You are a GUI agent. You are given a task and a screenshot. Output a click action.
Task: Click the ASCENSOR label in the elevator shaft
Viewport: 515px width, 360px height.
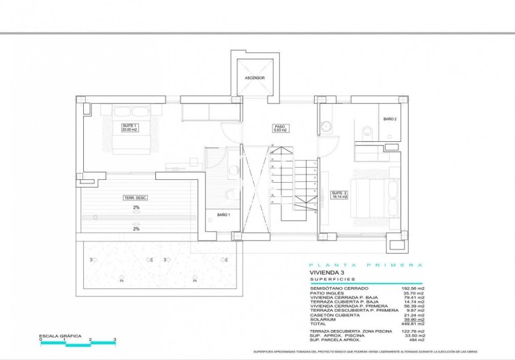click(x=255, y=78)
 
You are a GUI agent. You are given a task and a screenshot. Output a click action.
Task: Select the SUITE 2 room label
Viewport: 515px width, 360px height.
click(x=339, y=195)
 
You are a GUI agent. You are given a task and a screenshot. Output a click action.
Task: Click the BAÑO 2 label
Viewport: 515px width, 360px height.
click(x=390, y=119)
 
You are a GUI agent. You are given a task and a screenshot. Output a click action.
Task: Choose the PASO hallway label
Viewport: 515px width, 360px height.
click(x=280, y=127)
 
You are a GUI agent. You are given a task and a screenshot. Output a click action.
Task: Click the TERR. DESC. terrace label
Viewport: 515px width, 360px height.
click(x=136, y=198)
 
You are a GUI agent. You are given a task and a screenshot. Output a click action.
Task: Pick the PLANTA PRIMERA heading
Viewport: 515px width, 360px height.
click(x=366, y=265)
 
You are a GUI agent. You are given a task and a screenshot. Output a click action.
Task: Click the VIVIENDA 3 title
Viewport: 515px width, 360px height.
click(x=327, y=273)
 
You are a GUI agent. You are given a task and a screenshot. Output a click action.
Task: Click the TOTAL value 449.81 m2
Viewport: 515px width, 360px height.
click(x=413, y=322)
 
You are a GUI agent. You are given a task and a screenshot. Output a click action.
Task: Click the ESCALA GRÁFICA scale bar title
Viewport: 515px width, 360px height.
click(x=61, y=336)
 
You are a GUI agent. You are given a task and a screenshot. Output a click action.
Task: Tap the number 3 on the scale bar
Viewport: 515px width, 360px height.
click(x=115, y=340)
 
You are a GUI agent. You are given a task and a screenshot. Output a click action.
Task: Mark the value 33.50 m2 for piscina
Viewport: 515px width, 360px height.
click(x=414, y=335)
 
